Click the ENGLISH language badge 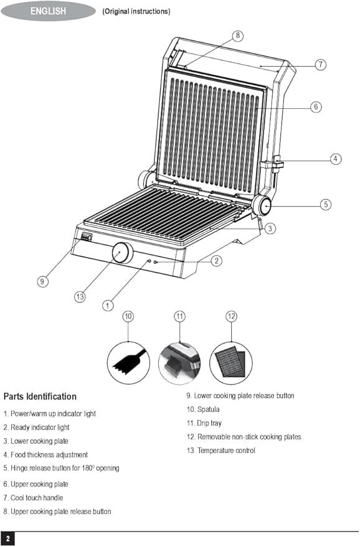[x=48, y=11]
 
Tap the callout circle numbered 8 [x=238, y=35]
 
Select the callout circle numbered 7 [x=321, y=65]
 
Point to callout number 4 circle [x=336, y=159]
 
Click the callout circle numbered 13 [x=80, y=296]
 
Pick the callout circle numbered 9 [x=42, y=281]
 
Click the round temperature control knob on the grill [x=122, y=253]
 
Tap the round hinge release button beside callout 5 [x=262, y=205]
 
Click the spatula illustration [x=128, y=363]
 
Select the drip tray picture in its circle [x=179, y=363]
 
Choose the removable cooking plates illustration [x=231, y=363]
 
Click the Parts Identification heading [x=40, y=396]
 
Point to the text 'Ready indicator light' [x=40, y=428]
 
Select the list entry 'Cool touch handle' [x=37, y=498]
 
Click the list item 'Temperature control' [x=226, y=451]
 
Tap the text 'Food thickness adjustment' [x=49, y=454]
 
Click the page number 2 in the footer [x=7, y=539]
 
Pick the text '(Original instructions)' [x=136, y=11]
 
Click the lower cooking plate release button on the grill [x=86, y=237]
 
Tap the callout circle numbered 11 [x=179, y=316]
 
